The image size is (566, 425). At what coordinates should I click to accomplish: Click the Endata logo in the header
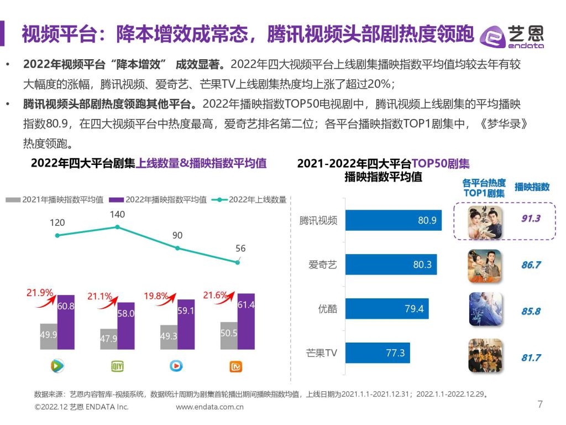512,36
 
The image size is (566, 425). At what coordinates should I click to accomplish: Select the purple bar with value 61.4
246,322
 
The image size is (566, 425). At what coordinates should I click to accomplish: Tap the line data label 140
117,214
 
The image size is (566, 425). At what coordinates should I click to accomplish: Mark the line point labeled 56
238,262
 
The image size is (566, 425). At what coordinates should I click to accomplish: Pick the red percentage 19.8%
156,296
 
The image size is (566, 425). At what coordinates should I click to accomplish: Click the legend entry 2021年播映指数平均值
55,200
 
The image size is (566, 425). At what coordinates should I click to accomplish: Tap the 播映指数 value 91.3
531,219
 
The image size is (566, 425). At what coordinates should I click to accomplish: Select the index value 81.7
531,357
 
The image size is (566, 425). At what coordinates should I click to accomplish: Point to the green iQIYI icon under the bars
117,366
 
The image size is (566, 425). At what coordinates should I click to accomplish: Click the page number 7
540,405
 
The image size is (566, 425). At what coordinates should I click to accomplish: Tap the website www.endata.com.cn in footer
209,407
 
